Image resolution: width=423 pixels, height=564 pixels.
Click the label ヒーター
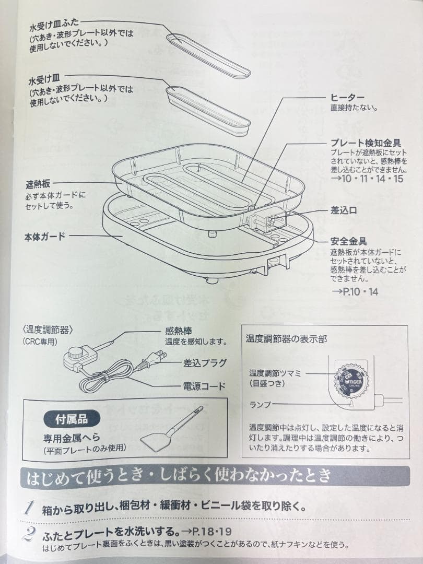(347, 98)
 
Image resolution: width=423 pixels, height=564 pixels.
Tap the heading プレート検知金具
(366, 143)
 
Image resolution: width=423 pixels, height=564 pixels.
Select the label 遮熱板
(38, 185)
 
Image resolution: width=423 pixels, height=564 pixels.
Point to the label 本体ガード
(45, 236)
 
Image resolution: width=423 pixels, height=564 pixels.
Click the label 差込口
(344, 210)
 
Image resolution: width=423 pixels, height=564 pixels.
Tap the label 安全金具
(348, 242)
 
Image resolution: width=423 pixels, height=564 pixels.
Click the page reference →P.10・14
(355, 291)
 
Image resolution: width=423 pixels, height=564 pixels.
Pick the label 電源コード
(204, 386)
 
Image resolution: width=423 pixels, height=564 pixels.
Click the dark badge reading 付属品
(72, 418)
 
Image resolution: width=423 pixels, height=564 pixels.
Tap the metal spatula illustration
(170, 431)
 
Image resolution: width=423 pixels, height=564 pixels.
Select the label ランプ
(260, 404)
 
